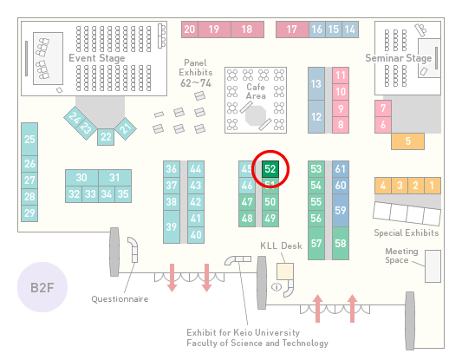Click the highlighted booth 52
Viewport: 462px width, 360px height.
(x=270, y=169)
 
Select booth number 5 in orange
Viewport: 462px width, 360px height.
(x=407, y=141)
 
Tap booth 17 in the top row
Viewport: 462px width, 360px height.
(x=292, y=29)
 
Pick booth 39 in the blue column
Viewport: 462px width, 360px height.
(x=172, y=226)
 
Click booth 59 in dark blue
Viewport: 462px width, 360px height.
(x=341, y=210)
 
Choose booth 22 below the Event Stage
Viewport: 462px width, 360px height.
(x=106, y=137)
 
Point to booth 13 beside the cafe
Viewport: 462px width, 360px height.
(x=316, y=84)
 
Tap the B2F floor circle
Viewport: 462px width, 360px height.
(x=42, y=287)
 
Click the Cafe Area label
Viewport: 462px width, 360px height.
(x=256, y=91)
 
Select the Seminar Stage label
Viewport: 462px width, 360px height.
(x=399, y=58)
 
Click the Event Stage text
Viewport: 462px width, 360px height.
(x=96, y=58)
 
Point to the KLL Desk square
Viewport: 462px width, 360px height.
(x=285, y=272)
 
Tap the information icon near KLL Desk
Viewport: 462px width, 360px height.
(x=277, y=286)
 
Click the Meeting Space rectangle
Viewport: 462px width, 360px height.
(x=433, y=266)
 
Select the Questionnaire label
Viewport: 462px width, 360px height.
(x=120, y=299)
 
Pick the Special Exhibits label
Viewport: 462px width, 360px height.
(x=407, y=233)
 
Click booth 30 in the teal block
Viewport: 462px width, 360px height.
(x=81, y=178)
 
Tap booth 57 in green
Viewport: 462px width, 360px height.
(x=316, y=243)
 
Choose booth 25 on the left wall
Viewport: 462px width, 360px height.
(x=29, y=139)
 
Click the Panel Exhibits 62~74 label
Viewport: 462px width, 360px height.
(x=196, y=73)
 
